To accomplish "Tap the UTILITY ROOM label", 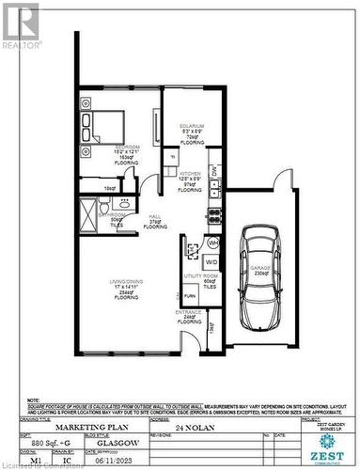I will click(x=204, y=276).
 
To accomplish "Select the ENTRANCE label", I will click(x=188, y=313).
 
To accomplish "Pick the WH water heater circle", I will click(x=212, y=242).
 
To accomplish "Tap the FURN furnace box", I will click(x=190, y=295).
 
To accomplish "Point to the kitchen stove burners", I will click(x=214, y=212).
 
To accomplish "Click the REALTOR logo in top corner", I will click(x=20, y=25).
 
